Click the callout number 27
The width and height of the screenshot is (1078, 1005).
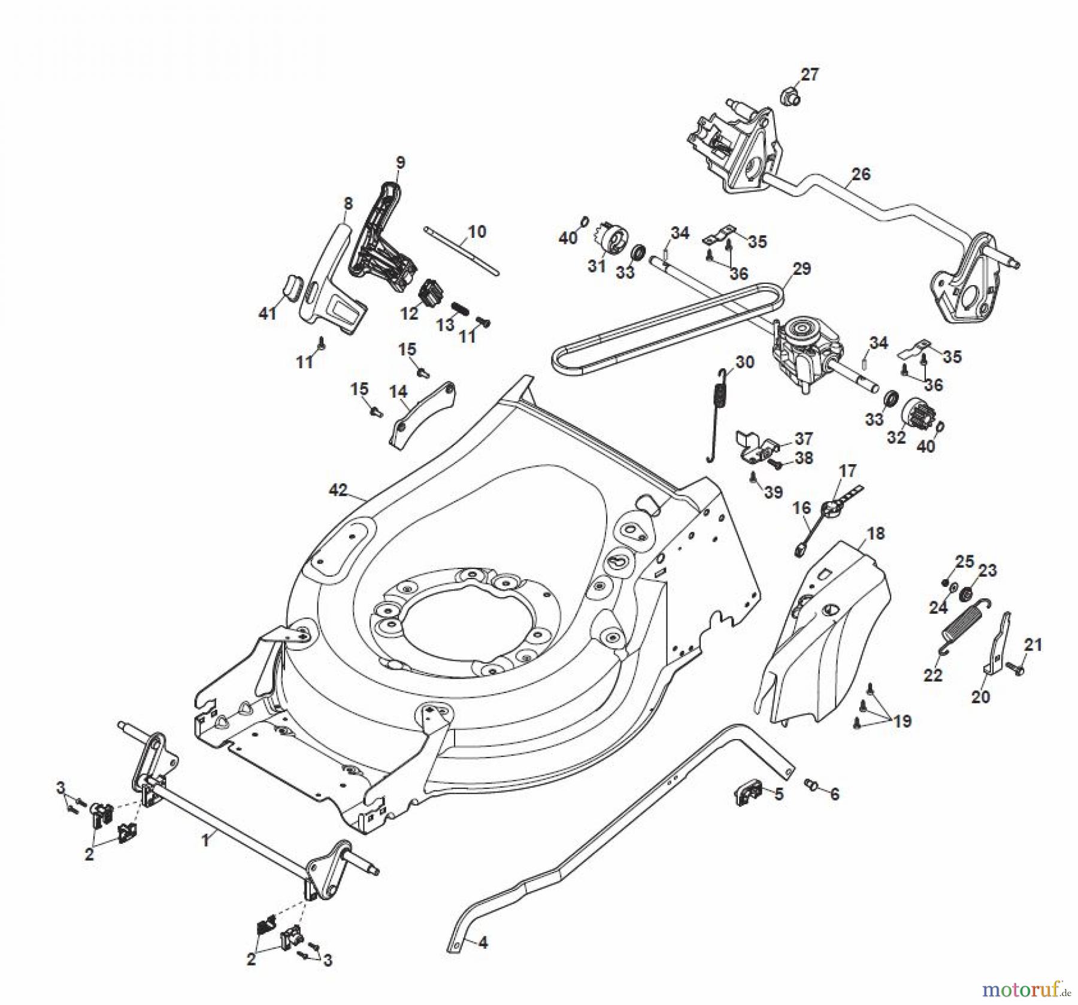click(809, 75)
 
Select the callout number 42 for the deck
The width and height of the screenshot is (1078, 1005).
click(338, 490)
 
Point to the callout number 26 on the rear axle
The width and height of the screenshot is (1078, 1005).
click(861, 174)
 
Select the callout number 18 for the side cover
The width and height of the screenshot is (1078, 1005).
click(875, 533)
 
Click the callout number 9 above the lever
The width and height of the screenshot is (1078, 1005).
click(400, 162)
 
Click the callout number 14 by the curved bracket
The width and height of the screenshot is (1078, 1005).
click(398, 392)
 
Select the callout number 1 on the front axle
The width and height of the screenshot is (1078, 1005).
click(205, 841)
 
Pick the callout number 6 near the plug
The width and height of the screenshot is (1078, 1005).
click(834, 794)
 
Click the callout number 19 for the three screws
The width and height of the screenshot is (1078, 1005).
click(902, 721)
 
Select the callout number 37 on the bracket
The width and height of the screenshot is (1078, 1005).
click(803, 438)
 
